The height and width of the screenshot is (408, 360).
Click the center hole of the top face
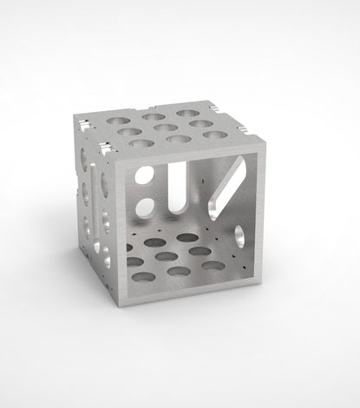coord(155,128)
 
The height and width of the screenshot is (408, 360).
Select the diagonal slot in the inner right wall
coord(226,185)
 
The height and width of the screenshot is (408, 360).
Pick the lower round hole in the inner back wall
coord(145,207)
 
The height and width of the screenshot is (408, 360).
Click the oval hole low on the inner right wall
coord(239,235)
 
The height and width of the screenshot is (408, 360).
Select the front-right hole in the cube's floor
coord(216,264)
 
